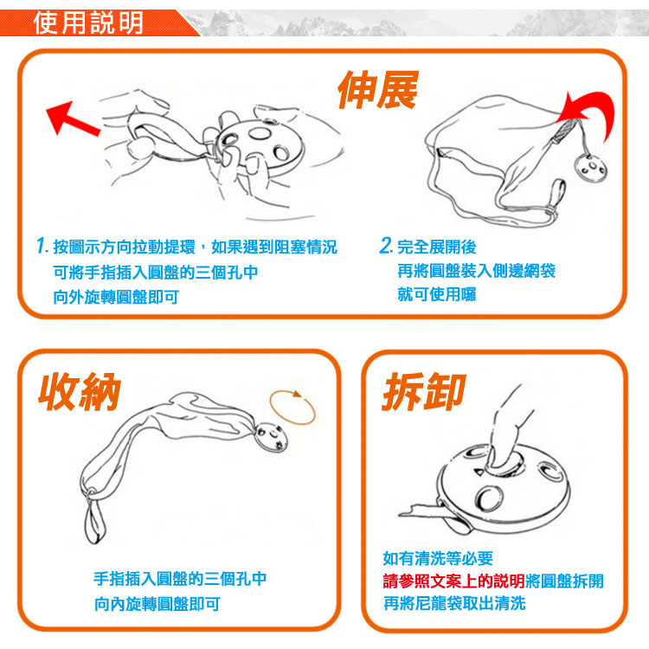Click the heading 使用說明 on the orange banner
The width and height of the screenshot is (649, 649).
pos(88,22)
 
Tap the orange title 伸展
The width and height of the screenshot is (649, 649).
pos(378,90)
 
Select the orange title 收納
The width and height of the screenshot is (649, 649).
pos(80,391)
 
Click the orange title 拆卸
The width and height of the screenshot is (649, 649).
pos(424,391)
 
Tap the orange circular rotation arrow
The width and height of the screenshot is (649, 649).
pos(292,408)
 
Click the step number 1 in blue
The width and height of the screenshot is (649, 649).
pos(42,246)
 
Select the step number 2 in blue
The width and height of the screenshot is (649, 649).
pos(385,245)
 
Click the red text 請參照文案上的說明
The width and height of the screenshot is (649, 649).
pos(453,582)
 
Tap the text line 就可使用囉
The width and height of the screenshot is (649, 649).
pos(437,295)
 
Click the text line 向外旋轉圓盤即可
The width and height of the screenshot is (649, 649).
pos(116,297)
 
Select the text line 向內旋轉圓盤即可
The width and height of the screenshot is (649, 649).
pos(157,604)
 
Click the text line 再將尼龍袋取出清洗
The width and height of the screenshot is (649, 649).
pos(454,603)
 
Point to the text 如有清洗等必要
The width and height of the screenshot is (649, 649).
pos(438,558)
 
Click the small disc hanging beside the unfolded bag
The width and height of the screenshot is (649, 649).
pos(592,167)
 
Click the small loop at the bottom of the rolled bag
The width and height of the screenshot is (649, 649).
pos(94,521)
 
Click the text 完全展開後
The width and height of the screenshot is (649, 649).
pos(437,247)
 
